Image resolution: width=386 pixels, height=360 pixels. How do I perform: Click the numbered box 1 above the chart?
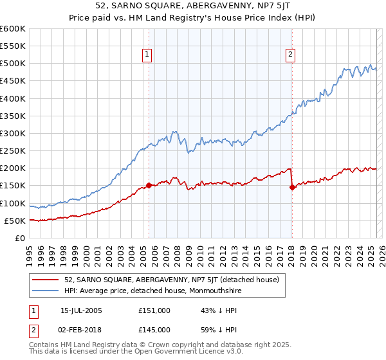tap(148, 55)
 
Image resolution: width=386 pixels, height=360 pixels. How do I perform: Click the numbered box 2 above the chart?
tap(291, 55)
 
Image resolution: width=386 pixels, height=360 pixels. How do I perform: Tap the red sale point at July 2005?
tap(149, 185)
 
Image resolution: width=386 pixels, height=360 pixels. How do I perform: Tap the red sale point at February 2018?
tap(292, 188)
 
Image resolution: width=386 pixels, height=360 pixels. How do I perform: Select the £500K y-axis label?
tap(14, 64)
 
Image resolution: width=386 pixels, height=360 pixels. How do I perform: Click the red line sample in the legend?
tap(46, 280)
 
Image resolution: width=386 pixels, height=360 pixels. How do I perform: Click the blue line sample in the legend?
tap(46, 291)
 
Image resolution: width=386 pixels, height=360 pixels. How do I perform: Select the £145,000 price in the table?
tap(154, 330)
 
